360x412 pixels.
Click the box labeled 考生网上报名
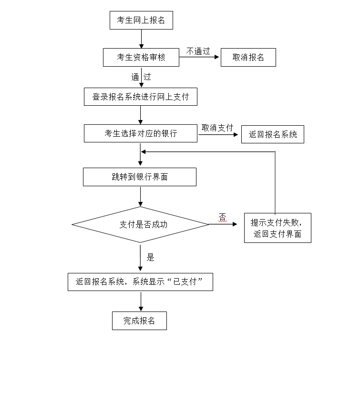coord(141,20)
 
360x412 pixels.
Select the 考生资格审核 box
coord(141,57)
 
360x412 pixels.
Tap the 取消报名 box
coord(248,57)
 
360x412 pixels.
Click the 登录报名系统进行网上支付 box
coord(140,97)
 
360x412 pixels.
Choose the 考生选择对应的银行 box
coord(141,133)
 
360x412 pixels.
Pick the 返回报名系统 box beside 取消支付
coord(273,134)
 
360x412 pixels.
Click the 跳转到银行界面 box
coord(140,177)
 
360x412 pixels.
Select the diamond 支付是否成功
coord(141,224)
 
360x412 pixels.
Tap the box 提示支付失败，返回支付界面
coord(278,228)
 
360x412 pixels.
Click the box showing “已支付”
coord(140,281)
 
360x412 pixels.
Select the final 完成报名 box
coord(140,321)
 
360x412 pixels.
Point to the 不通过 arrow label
coord(198,51)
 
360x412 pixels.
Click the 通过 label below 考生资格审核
coord(141,76)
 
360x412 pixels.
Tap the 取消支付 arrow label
coord(217,128)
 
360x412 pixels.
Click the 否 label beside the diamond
coord(223,217)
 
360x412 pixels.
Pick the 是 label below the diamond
coord(151,258)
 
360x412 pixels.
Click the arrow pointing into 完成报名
coord(141,301)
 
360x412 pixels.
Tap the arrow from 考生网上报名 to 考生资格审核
coord(141,39)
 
